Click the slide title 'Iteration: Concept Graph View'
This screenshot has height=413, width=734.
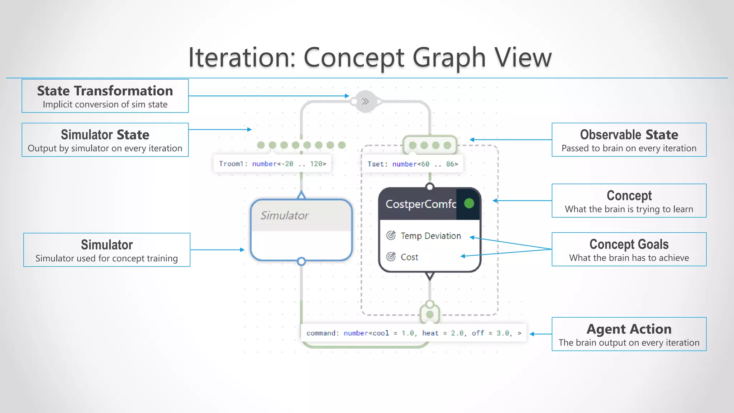click(370, 57)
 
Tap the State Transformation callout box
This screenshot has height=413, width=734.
click(105, 96)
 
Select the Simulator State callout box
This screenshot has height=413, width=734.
click(105, 140)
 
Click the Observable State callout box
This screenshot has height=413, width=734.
click(629, 140)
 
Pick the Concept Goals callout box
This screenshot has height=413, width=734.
click(629, 250)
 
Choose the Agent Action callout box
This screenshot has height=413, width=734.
click(629, 334)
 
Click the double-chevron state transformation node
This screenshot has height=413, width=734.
click(366, 101)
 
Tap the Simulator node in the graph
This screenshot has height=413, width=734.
click(301, 230)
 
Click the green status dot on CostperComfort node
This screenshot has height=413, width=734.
click(469, 204)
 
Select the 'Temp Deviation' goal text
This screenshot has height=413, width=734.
click(431, 236)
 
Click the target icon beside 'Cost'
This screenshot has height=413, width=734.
click(391, 257)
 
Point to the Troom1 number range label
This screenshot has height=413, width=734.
click(272, 164)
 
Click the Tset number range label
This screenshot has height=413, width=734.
click(413, 164)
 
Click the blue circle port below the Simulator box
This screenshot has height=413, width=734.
click(301, 261)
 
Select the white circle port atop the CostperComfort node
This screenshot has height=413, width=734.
click(430, 187)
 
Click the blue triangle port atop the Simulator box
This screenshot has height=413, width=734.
click(301, 195)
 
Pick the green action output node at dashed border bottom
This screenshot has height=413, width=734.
click(430, 314)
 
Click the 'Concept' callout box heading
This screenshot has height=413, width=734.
click(629, 196)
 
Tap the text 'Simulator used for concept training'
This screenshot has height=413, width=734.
click(106, 258)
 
